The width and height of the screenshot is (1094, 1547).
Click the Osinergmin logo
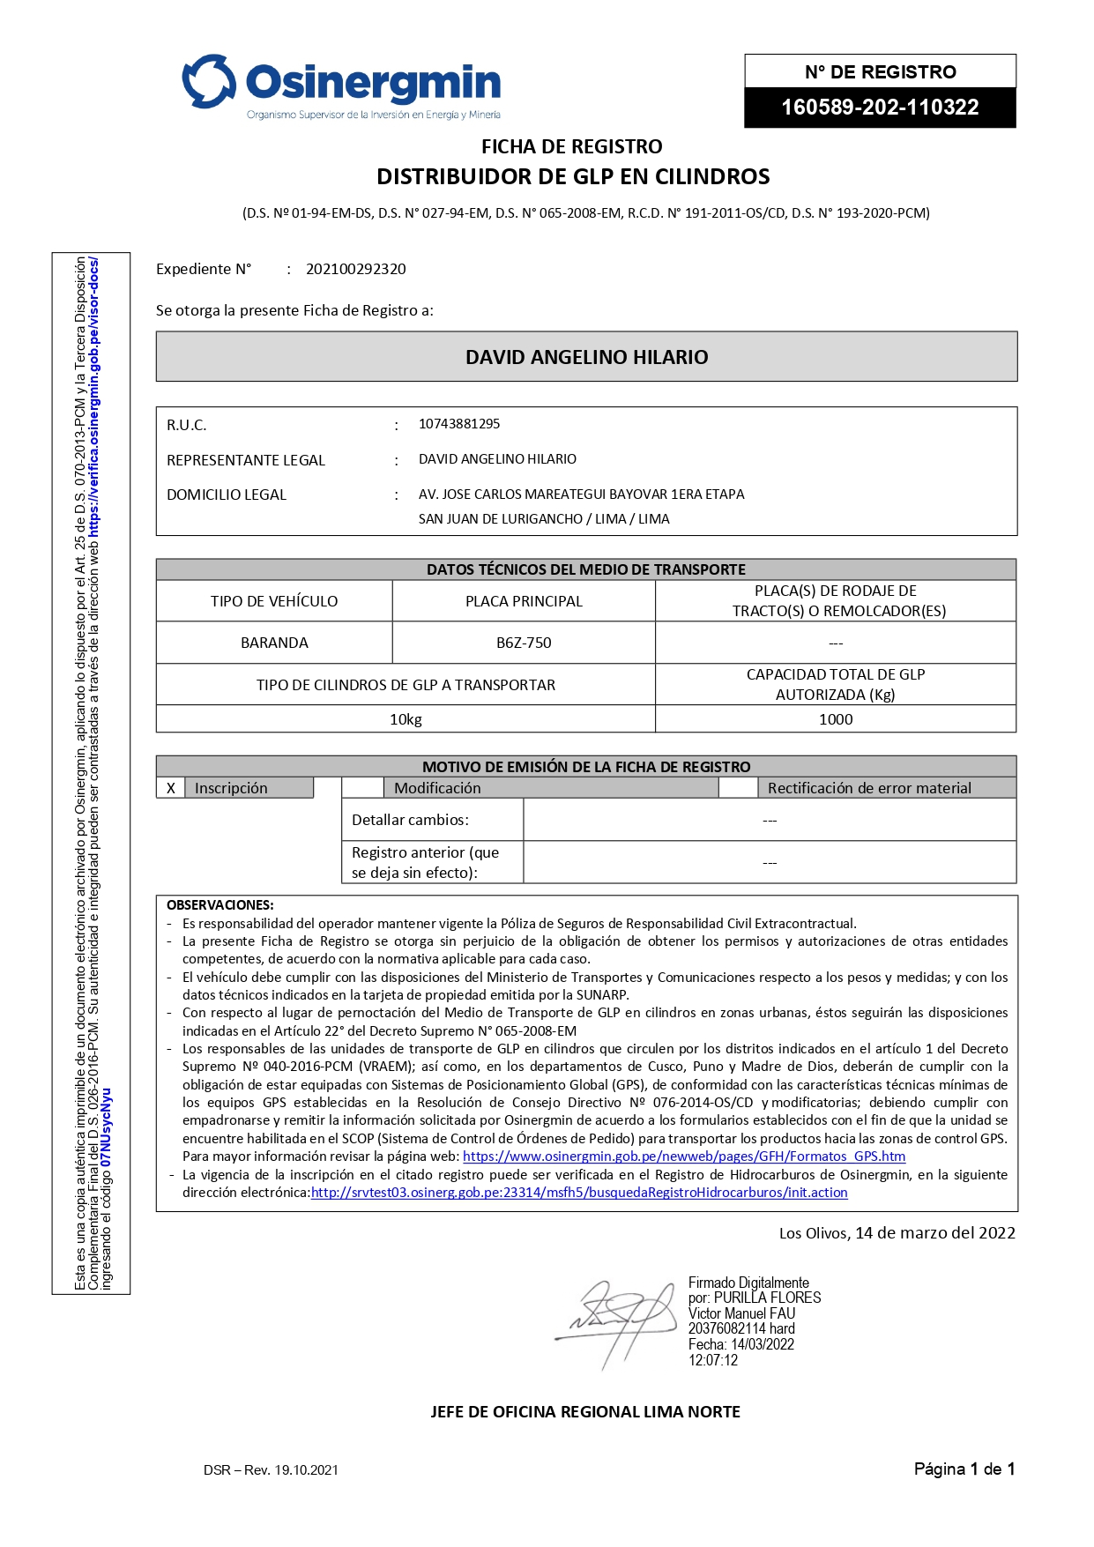341,86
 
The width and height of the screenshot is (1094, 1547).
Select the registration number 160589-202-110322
880,108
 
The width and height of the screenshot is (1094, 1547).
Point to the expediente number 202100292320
355,269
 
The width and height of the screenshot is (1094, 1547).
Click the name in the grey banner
586,357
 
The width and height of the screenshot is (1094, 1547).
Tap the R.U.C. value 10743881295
458,424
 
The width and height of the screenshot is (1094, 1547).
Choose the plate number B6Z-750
524,643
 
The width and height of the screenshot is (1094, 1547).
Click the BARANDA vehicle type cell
274,643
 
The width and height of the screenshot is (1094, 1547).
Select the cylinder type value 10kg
406,719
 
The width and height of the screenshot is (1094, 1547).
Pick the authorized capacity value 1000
836,719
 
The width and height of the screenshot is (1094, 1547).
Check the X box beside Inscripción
171,788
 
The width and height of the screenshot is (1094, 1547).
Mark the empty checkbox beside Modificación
362,788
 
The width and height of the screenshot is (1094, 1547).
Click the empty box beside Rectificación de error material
738,788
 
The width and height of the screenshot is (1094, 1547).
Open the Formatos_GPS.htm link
683,1156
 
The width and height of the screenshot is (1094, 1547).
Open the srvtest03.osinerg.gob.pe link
579,1192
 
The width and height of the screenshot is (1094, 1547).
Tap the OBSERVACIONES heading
220,904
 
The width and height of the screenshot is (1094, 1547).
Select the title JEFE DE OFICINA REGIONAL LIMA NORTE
585,1411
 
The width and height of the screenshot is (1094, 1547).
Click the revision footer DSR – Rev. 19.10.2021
271,1469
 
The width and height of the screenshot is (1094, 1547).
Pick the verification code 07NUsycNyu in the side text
107,1127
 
